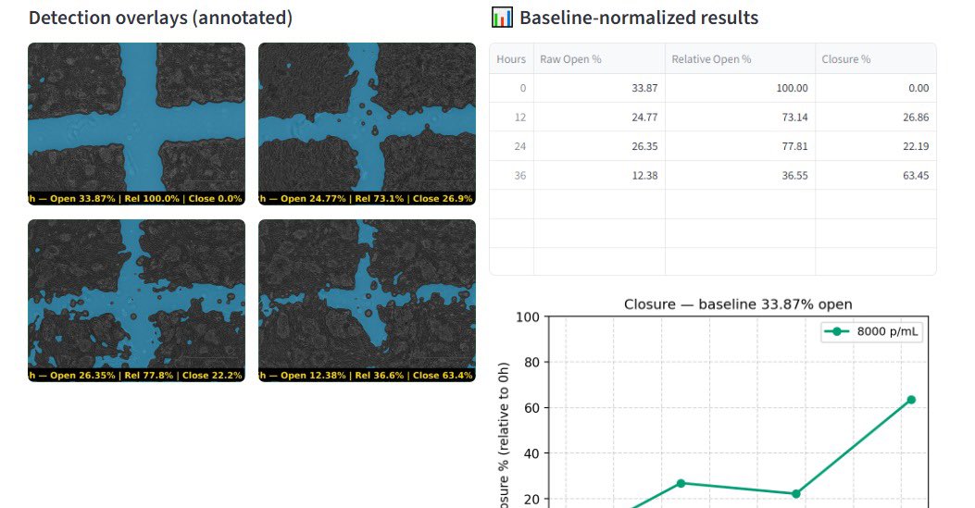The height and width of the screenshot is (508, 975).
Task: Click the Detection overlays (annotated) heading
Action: pyautogui.click(x=160, y=18)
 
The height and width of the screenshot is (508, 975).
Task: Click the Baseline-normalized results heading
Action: pyautogui.click(x=638, y=18)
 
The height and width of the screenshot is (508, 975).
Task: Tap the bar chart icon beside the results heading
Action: pyautogui.click(x=502, y=18)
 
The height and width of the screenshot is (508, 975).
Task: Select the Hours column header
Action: pyautogui.click(x=511, y=59)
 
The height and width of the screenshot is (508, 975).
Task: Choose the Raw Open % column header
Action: pyautogui.click(x=570, y=59)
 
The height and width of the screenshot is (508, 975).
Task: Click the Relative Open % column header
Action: pyautogui.click(x=711, y=59)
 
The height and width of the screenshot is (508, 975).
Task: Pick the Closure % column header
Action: pyautogui.click(x=846, y=59)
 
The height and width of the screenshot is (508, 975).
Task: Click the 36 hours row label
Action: pyautogui.click(x=519, y=176)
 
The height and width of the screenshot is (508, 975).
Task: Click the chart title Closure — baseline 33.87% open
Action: pyautogui.click(x=738, y=304)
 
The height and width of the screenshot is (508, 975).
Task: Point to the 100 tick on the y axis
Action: pyautogui.click(x=527, y=317)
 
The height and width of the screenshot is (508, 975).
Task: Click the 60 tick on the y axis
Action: pyautogui.click(x=531, y=408)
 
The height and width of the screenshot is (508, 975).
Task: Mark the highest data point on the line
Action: pyautogui.click(x=911, y=400)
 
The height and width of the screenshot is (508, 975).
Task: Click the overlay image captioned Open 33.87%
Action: pyautogui.click(x=136, y=118)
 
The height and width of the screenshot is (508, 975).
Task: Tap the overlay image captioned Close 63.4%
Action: pyautogui.click(x=367, y=294)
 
